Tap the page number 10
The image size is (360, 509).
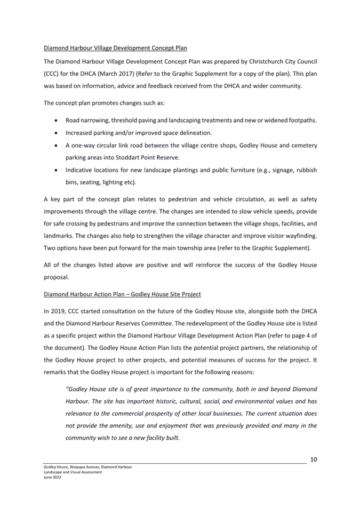click(314, 459)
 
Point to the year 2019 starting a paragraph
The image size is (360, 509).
click(58, 310)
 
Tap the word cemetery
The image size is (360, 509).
click(301, 145)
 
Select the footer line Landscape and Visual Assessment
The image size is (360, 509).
click(73, 473)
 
